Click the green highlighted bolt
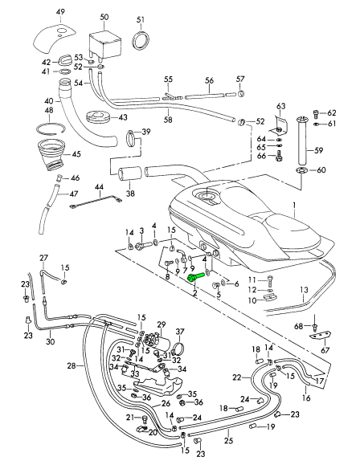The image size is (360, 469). click(195, 276)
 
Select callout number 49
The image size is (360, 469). click(60, 12)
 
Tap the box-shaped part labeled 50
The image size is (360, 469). click(104, 44)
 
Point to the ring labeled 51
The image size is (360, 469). click(141, 40)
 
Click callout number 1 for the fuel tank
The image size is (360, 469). click(294, 205)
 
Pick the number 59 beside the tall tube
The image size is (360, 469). click(319, 149)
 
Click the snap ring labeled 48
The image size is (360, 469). click(51, 128)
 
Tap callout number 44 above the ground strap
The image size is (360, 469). click(99, 187)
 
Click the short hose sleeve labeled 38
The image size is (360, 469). click(130, 173)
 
